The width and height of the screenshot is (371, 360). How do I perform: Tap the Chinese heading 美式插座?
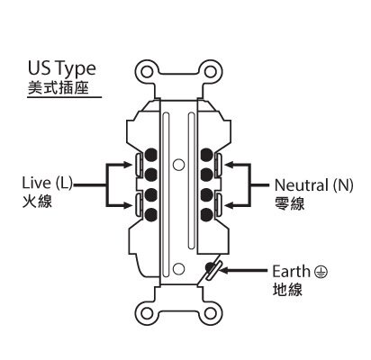coord(59,87)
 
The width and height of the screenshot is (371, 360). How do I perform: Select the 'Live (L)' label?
coord(48,183)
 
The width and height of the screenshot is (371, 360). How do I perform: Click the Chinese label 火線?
coord(37,202)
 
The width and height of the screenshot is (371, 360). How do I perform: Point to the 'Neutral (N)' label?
coord(314,185)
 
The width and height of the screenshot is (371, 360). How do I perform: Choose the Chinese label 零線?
coord(289,203)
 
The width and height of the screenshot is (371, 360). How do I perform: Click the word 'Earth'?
coord(291,272)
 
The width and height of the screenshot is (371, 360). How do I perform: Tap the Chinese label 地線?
coord(287,290)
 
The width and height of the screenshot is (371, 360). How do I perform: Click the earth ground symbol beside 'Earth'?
coord(321,272)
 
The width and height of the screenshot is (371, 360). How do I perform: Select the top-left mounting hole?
coord(147,72)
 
